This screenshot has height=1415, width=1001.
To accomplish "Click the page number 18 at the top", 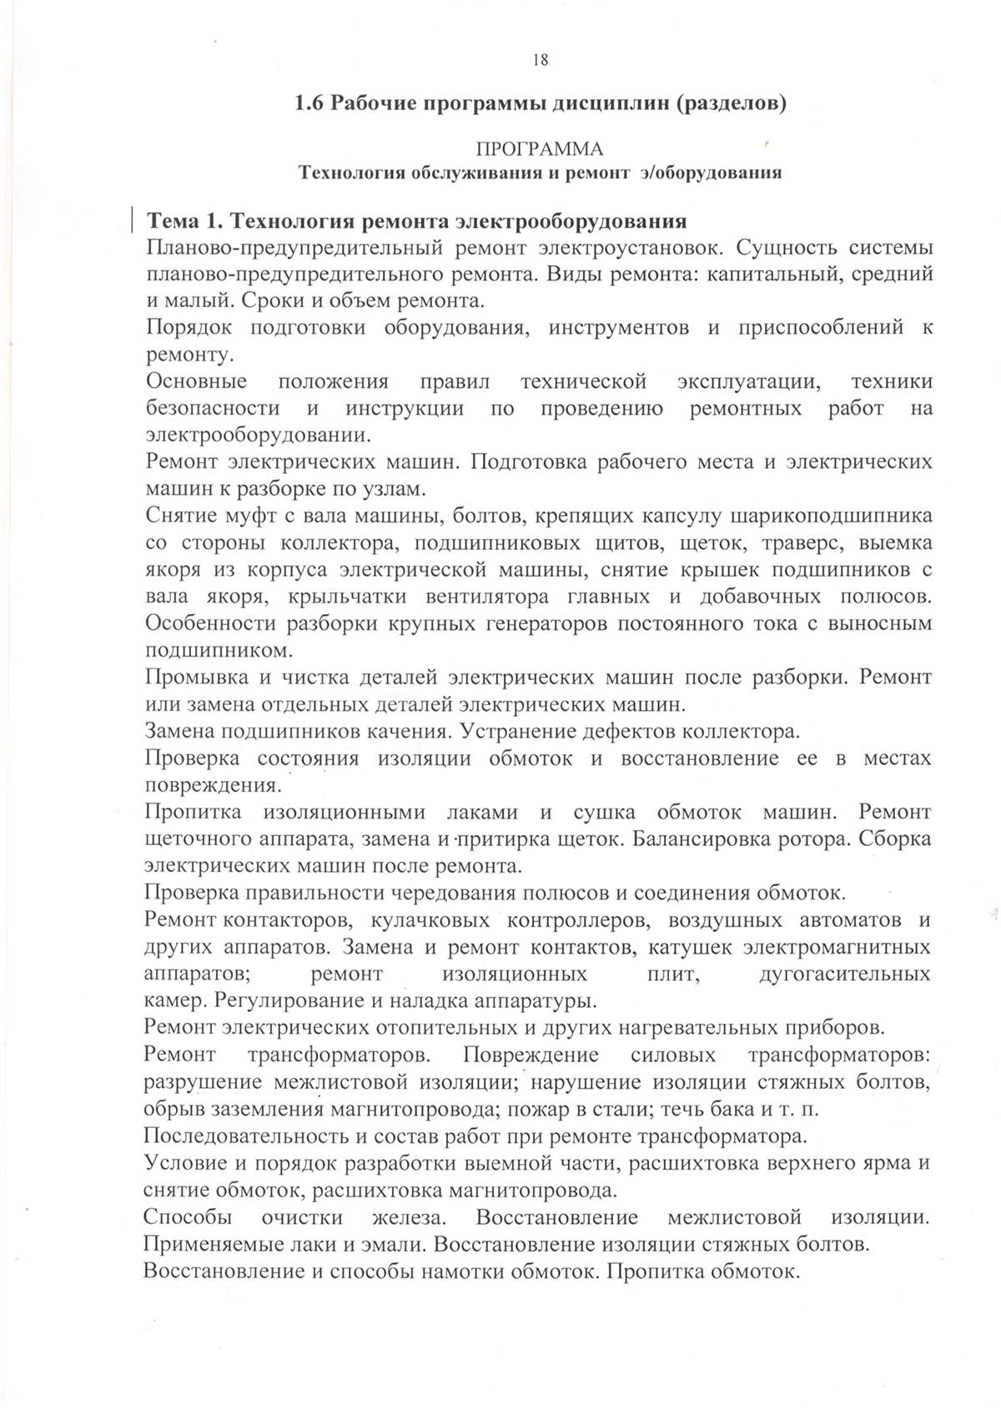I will [x=540, y=59].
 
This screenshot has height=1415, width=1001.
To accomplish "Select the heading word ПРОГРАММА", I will [x=539, y=149].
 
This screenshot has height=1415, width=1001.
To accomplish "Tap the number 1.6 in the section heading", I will [x=309, y=104].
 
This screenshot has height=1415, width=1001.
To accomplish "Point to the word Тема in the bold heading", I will [x=173, y=222].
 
